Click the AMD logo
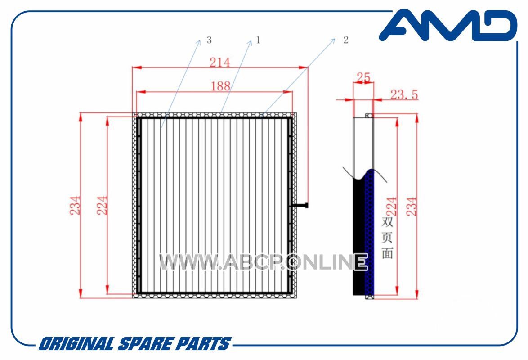[x=448, y=25]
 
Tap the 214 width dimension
[x=219, y=63]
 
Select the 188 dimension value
[x=220, y=86]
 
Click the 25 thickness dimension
[x=363, y=77]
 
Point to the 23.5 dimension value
[x=404, y=94]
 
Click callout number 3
[x=209, y=40]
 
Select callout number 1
[x=258, y=40]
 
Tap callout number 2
[x=346, y=40]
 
